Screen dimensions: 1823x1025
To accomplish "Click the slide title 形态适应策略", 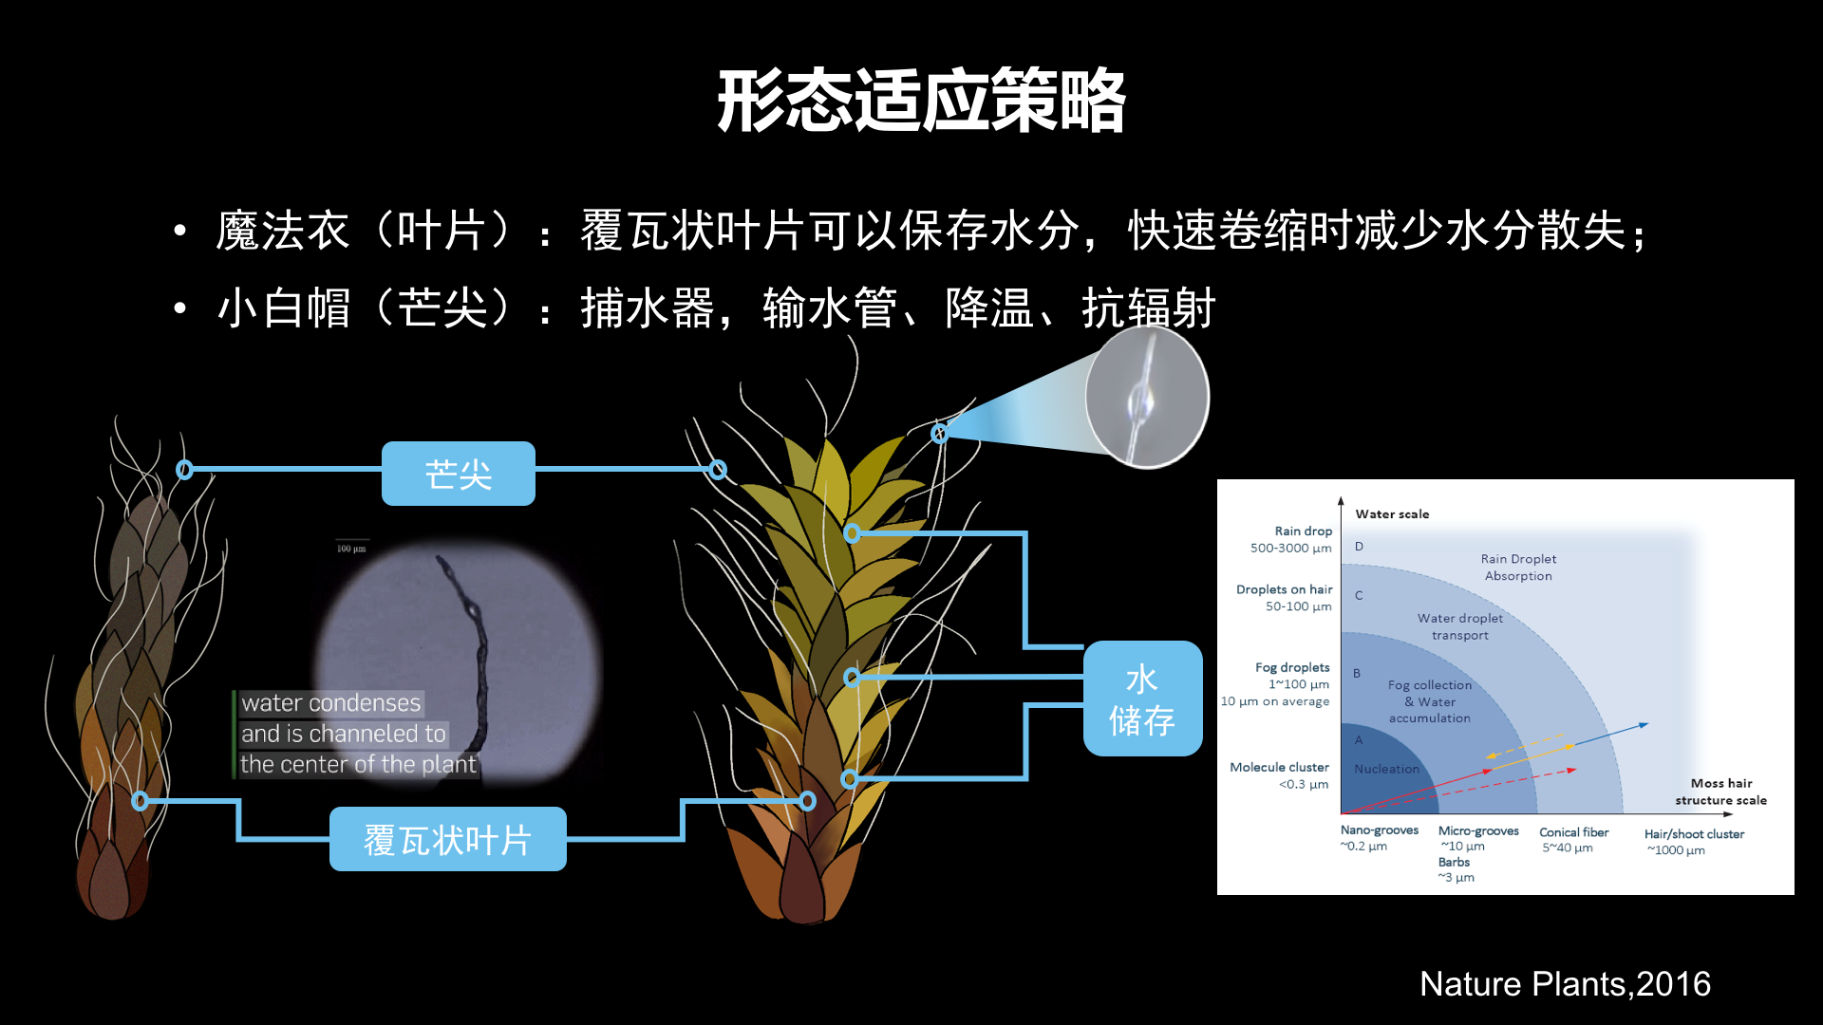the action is point(921,101).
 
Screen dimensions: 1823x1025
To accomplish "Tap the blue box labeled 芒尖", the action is point(459,474).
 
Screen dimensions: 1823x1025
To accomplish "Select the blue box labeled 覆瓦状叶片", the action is point(448,839).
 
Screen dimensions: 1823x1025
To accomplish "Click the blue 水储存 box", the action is point(1142,699).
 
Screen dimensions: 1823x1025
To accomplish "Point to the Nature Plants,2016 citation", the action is point(1565,984).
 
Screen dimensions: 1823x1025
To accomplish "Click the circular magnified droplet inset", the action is point(1147,397).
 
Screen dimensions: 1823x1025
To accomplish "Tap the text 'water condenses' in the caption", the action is point(330,703).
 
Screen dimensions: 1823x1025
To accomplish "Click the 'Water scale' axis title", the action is point(1392,514).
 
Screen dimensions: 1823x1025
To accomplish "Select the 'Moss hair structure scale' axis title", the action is point(1720,792).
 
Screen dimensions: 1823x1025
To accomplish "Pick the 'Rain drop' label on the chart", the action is point(1304,531).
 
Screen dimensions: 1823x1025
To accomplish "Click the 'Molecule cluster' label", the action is point(1279,767).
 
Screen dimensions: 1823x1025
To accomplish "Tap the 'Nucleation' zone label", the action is point(1386,769).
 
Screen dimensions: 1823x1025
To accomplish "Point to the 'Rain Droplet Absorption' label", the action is point(1518,568).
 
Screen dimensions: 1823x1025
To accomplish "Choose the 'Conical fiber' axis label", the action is point(1573,832).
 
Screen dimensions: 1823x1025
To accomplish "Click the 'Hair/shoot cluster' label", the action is point(1694,834).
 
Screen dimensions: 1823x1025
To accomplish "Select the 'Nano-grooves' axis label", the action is point(1379,830).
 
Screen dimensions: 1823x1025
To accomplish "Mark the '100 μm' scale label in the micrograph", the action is point(351,549).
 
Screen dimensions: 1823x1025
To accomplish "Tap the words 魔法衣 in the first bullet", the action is point(283,231).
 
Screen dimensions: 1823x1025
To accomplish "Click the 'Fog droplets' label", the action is point(1292,667).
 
